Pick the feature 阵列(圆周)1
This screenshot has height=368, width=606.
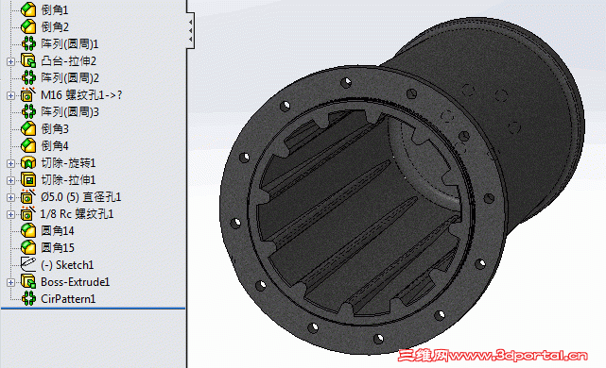(70, 43)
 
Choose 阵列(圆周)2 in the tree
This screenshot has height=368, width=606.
(70, 77)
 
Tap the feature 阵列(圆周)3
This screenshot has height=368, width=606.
(70, 111)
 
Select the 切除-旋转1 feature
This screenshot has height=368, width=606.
(69, 162)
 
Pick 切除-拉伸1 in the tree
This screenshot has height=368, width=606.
(69, 179)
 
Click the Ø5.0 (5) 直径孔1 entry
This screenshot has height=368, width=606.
(81, 196)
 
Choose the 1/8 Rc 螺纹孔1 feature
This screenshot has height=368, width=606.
(78, 213)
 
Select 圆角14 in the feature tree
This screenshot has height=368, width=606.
(58, 230)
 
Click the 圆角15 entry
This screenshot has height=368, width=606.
(58, 247)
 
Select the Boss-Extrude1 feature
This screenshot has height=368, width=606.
(76, 281)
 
